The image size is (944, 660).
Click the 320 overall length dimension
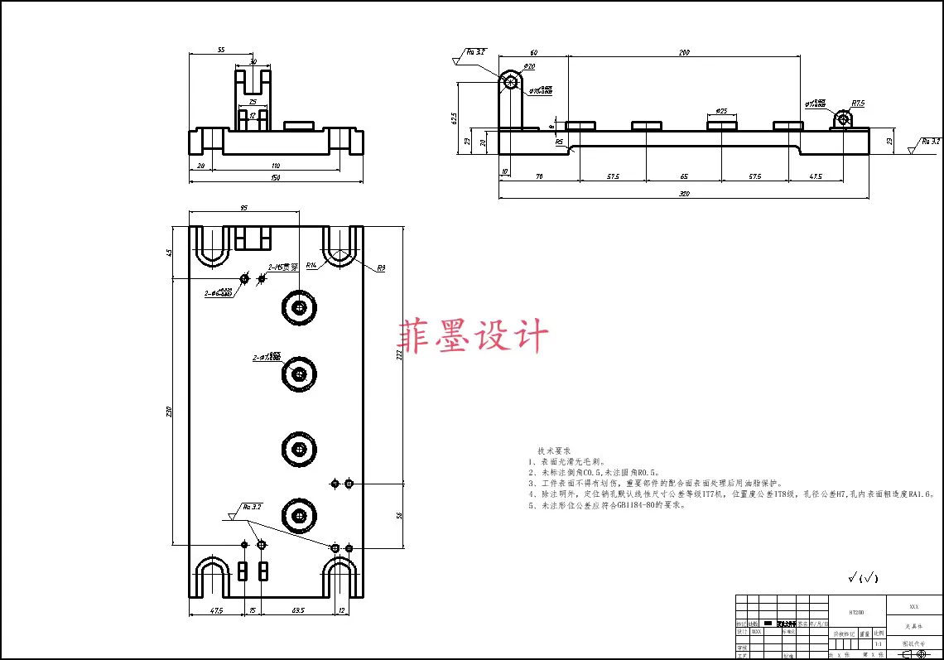click(x=684, y=194)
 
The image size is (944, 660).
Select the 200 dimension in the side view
click(x=684, y=52)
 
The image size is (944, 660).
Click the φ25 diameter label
click(x=721, y=110)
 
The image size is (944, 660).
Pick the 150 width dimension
click(x=276, y=177)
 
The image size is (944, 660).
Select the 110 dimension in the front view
click(x=276, y=166)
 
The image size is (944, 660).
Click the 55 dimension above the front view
click(x=221, y=50)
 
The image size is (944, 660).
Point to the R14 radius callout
click(x=311, y=266)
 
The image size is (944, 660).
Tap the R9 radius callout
click(x=382, y=268)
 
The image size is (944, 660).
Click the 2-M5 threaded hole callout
click(x=282, y=267)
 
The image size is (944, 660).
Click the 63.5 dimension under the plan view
click(x=297, y=611)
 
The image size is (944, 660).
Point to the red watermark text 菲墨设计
click(x=474, y=337)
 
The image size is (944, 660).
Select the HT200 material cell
click(x=856, y=612)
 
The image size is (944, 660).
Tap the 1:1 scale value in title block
click(x=879, y=643)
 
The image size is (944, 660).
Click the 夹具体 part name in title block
click(x=914, y=627)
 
